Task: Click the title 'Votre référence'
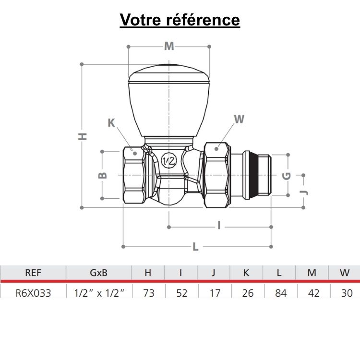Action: (180, 20)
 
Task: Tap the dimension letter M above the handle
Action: (168, 47)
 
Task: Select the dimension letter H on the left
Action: (83, 136)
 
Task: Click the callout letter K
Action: (111, 123)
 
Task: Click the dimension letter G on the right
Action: (287, 175)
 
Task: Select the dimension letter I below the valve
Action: (219, 226)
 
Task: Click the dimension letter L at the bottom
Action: (195, 247)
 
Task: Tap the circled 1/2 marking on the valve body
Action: (168, 161)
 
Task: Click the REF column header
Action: (33, 273)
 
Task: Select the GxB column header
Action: (99, 273)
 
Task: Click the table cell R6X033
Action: (33, 292)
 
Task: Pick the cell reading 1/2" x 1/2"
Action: (99, 292)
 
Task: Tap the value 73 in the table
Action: (148, 292)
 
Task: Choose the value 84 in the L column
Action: (279, 292)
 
